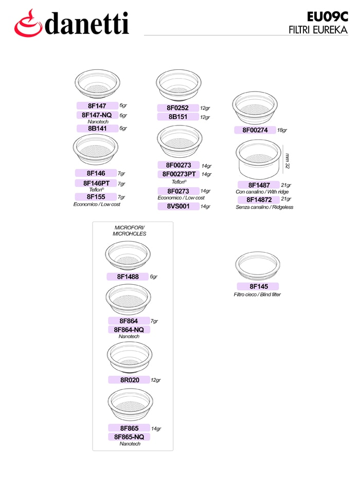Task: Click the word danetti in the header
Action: point(87,24)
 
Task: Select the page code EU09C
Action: point(328,17)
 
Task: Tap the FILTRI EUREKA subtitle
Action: point(318,30)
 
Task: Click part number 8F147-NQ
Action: point(97,115)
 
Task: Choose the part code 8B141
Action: point(97,128)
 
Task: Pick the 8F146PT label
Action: point(96,183)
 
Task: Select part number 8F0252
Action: point(177,108)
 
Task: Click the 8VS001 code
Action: point(178,206)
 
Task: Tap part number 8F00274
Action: point(255,130)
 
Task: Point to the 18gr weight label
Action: point(282,130)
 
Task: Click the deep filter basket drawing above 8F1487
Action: point(258,159)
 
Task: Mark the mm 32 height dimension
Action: point(287,161)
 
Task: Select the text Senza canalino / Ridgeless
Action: point(264,207)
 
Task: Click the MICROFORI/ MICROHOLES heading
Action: point(130,231)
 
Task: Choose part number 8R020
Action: point(130,380)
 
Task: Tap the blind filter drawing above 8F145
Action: point(258,266)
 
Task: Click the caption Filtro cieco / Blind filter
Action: point(257,295)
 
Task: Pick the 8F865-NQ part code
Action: point(129,437)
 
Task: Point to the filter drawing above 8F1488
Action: point(128,255)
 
